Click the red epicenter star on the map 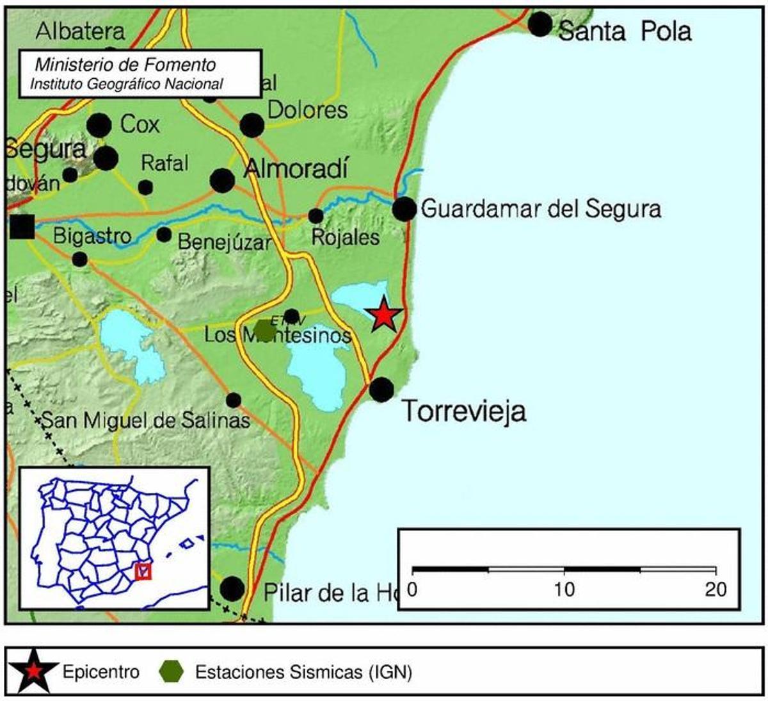click(383, 315)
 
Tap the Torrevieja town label click(464, 411)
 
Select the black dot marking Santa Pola click(540, 24)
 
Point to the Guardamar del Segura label click(541, 209)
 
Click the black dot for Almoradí click(222, 181)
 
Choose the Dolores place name click(307, 110)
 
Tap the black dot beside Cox click(99, 126)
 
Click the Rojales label click(345, 238)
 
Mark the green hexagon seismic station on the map click(263, 330)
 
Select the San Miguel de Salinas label click(145, 420)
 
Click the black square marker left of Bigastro click(22, 227)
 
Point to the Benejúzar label click(224, 242)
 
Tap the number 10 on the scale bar click(564, 589)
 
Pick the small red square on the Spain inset click(143, 571)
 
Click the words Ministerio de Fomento click(125, 65)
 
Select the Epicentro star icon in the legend click(31, 672)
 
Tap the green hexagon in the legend click(172, 672)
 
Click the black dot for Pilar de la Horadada click(232, 588)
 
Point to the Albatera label click(81, 30)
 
